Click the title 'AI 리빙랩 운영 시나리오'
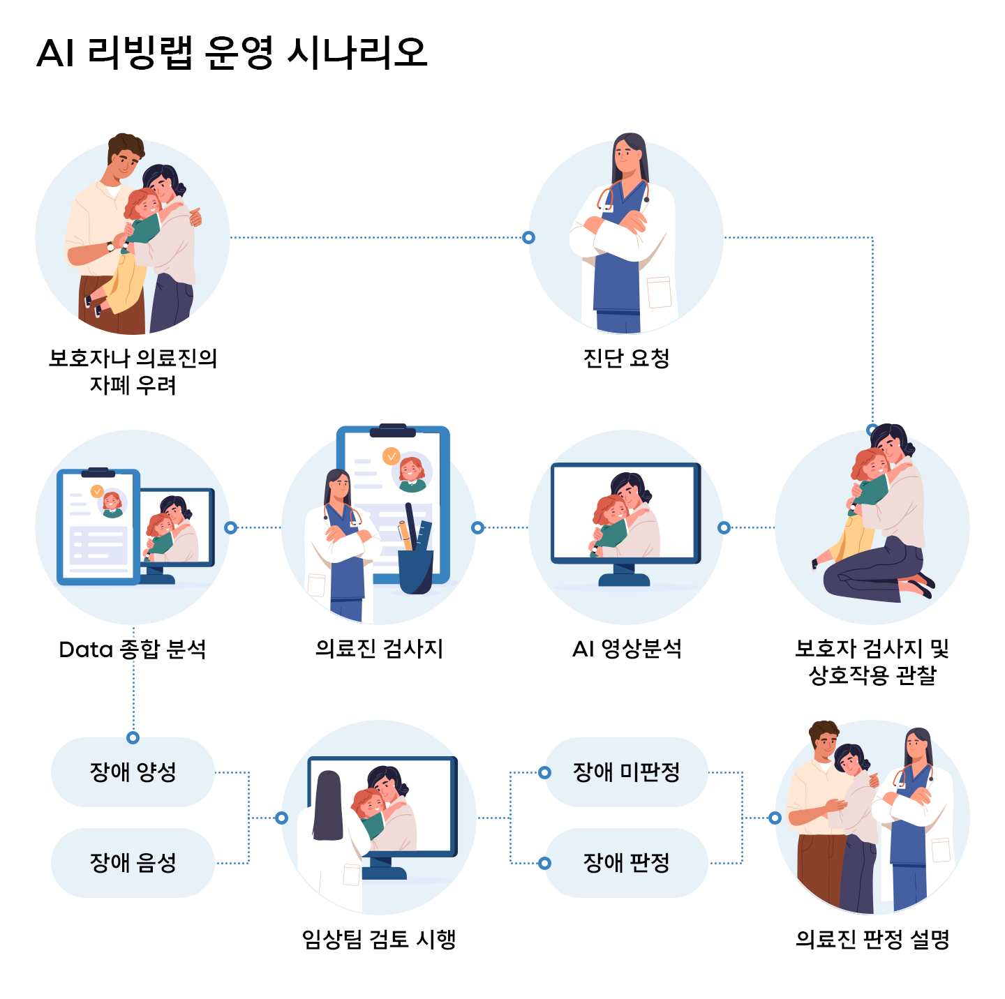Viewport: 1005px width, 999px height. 231,52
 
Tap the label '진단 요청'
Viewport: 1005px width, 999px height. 626,358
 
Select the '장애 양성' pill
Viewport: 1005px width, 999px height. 133,772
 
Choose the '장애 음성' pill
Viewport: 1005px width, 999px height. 133,862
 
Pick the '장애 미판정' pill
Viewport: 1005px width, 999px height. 626,772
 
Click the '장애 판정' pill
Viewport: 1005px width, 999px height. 626,862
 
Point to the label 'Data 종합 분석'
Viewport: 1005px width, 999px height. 133,649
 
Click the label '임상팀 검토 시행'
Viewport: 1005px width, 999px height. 379,939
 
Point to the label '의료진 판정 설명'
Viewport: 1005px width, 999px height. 872,939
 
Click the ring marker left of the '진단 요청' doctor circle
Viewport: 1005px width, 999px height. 529,237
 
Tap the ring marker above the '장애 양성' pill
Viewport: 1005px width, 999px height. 133,737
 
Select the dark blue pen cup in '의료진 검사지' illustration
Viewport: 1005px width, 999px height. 416,571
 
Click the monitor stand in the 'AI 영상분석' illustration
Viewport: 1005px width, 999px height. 624,576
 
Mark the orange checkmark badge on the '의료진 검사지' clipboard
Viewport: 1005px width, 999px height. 391,456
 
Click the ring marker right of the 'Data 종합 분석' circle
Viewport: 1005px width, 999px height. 231,527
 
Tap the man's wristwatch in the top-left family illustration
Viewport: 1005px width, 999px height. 110,246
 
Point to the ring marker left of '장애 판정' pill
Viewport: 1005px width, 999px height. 545,863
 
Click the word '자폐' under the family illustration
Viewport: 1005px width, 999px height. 106,385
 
